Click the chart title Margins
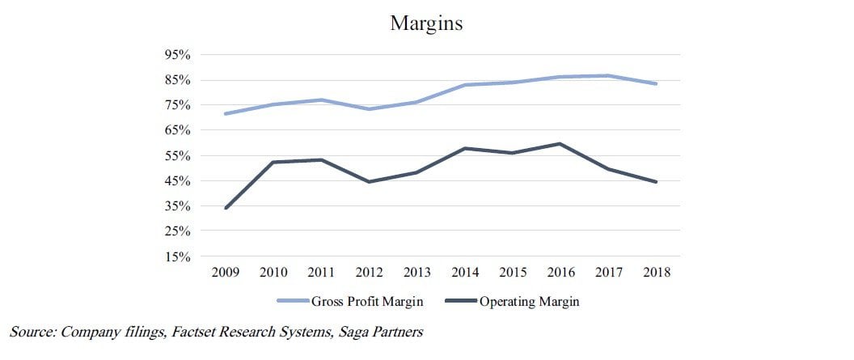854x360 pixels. (x=426, y=24)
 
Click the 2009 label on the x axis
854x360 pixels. (x=226, y=272)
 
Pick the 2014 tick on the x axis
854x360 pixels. (x=465, y=272)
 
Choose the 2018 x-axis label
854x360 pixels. (x=657, y=272)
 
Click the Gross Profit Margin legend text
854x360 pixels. (x=366, y=302)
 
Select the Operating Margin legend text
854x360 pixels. (x=529, y=302)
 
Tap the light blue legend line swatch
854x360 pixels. (x=293, y=301)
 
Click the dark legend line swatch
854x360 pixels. (x=461, y=301)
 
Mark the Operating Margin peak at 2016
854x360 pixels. (x=560, y=144)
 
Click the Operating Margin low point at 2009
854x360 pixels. (x=226, y=207)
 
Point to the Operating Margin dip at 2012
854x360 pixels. (x=370, y=182)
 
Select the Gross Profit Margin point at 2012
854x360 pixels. (x=370, y=109)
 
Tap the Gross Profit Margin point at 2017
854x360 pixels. (x=608, y=76)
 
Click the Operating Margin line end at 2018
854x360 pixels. (x=657, y=182)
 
